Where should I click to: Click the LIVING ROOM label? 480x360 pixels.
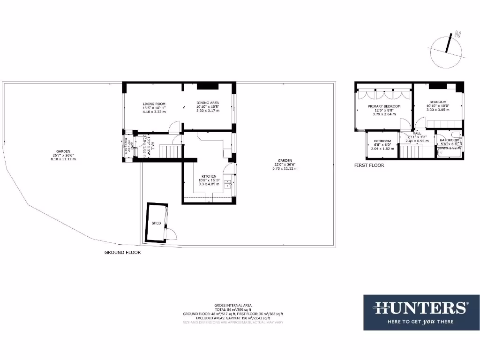[x=154, y=104]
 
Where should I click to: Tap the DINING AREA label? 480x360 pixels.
[x=207, y=103]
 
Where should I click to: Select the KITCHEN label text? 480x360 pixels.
[x=209, y=176]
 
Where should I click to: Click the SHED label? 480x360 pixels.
[x=156, y=223]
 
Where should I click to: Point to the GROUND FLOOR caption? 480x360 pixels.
[x=122, y=252]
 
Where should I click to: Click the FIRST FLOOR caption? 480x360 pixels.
[x=369, y=165]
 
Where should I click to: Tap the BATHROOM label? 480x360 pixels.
[x=449, y=140]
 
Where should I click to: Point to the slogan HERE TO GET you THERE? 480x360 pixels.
[x=420, y=322]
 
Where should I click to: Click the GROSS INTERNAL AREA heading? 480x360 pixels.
[x=233, y=305]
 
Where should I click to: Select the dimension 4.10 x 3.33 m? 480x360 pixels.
[x=154, y=112]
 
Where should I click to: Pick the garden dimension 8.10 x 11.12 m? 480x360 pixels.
[x=63, y=159]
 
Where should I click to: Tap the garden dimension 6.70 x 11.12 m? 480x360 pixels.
[x=285, y=169]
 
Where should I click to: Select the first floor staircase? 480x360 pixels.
[x=415, y=151]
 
